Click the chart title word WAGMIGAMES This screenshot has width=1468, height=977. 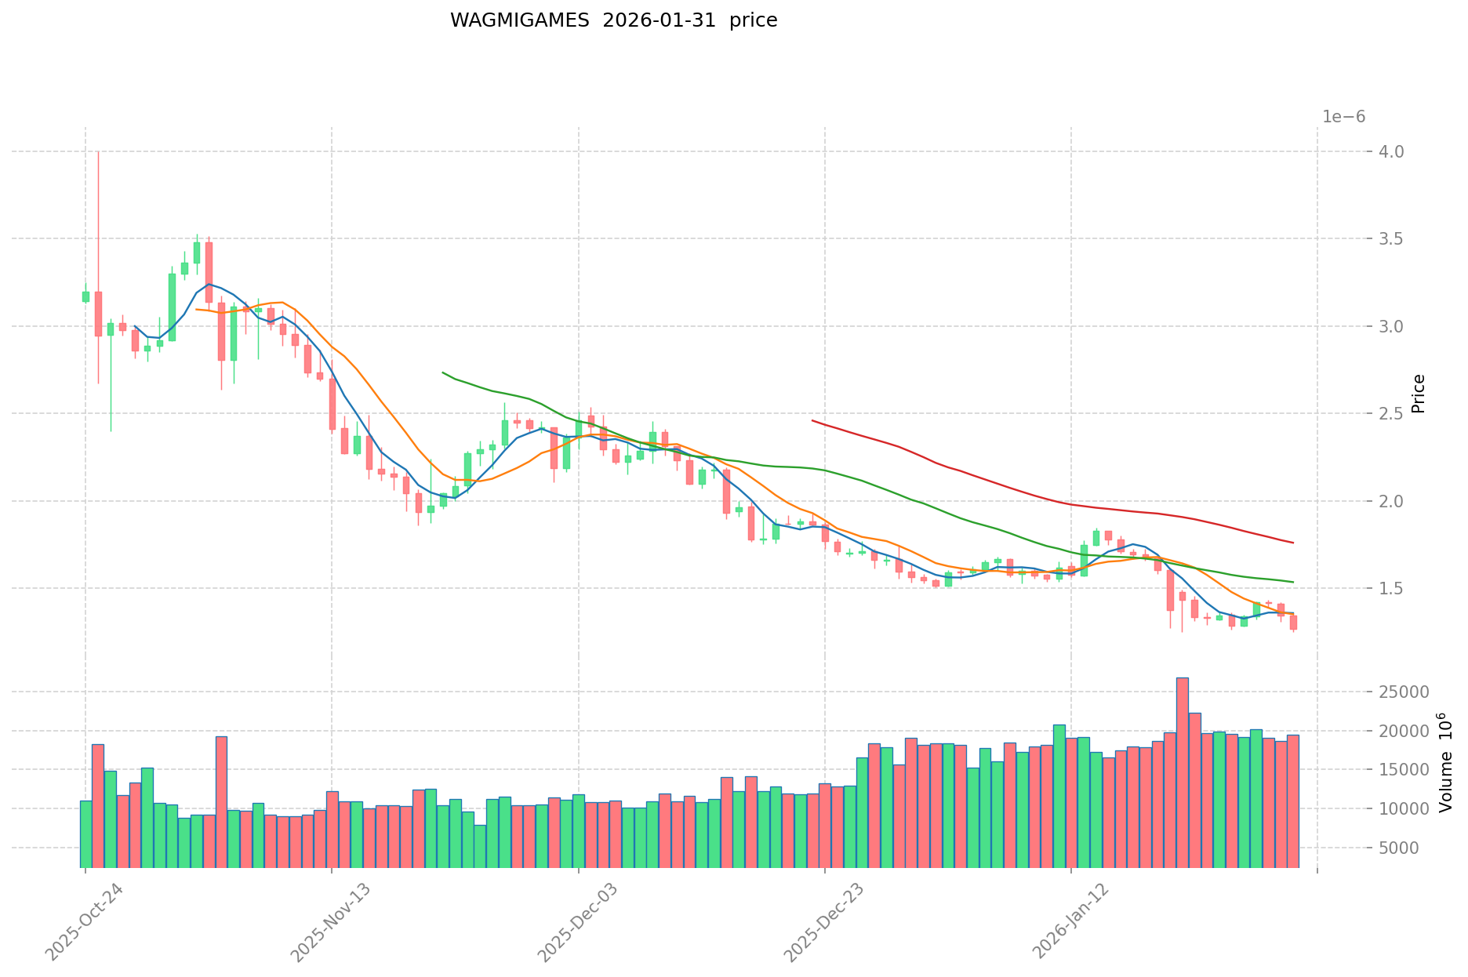coord(519,20)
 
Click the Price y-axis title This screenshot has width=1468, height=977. coord(1418,394)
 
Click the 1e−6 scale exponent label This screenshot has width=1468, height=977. coord(1343,117)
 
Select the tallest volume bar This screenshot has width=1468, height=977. coord(1183,772)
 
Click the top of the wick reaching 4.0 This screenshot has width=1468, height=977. coord(98,153)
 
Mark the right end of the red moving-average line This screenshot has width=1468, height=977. coord(1293,543)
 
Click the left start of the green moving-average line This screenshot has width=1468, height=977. coord(443,372)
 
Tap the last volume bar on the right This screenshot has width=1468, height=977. coord(1293,801)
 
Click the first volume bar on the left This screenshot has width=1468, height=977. coord(85,834)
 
